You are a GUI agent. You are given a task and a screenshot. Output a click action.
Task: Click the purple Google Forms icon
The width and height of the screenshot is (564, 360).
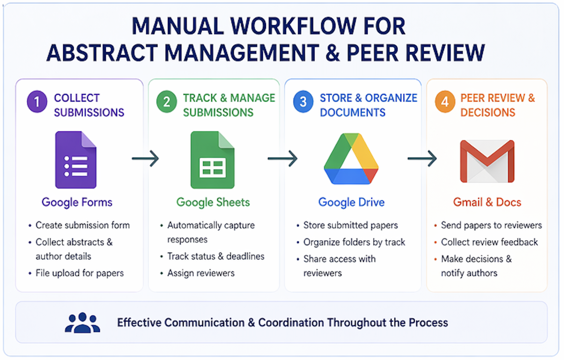pos(76,160)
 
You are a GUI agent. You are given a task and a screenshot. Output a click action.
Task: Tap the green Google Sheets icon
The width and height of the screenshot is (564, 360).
pos(212,160)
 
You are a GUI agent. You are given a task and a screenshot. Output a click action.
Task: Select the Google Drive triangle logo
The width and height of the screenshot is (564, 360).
pos(351,159)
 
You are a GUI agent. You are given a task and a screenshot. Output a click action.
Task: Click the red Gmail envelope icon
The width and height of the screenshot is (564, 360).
pos(487,161)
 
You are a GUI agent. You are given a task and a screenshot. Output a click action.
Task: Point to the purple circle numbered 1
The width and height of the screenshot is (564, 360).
pos(37,101)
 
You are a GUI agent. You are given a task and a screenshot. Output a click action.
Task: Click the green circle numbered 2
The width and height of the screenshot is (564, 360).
pos(166,101)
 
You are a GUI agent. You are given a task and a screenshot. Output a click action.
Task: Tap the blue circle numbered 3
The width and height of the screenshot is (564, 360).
pos(303,101)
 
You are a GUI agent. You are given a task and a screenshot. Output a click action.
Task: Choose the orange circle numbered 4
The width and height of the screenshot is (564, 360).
pos(445,101)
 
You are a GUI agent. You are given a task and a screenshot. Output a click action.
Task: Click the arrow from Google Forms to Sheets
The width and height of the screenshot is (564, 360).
pos(145,159)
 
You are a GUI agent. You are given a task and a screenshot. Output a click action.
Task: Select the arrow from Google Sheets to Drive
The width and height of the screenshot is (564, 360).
pos(282,159)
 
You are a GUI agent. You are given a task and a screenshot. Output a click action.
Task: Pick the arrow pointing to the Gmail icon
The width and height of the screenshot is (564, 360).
pos(422,159)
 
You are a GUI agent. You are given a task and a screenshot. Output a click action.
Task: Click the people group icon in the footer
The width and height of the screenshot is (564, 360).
pos(82,323)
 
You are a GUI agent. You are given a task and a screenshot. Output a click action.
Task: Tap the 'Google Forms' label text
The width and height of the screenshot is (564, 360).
pos(77,202)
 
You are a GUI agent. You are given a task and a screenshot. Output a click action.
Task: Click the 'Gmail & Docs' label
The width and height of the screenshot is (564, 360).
pos(487,202)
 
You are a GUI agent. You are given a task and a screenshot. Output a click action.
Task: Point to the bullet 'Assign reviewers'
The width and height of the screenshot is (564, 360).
pos(201,273)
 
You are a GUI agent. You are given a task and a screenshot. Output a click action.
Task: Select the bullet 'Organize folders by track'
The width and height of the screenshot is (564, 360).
pos(354,242)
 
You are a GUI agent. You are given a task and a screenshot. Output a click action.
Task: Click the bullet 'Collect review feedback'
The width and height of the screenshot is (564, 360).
pos(489,242)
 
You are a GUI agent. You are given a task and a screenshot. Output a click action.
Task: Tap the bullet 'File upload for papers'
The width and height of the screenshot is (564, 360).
pos(79,273)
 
